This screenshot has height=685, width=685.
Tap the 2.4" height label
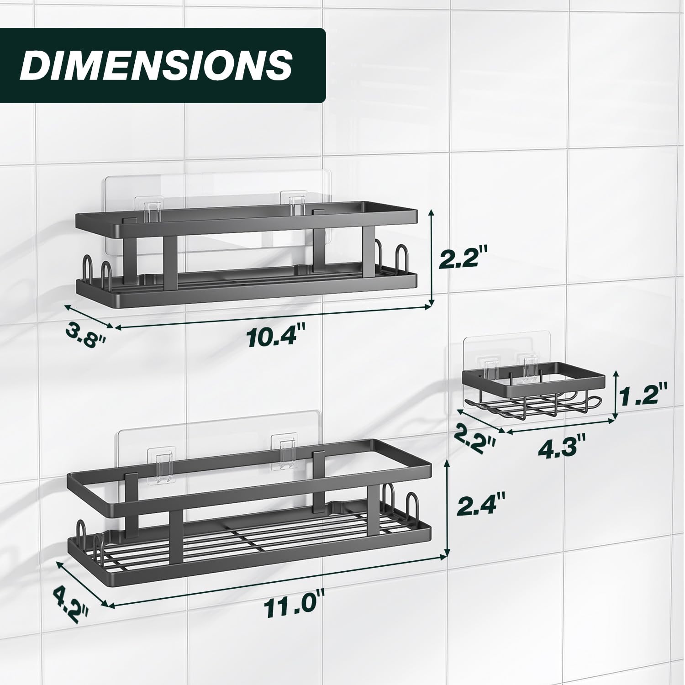tap(482, 506)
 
